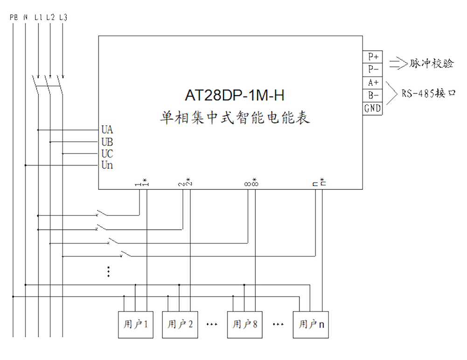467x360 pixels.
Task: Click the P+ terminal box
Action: coord(372,56)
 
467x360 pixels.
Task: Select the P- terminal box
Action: coord(372,69)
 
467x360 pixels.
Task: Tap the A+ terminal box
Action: coord(372,83)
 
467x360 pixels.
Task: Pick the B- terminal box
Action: coord(372,95)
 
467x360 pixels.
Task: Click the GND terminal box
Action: coord(372,108)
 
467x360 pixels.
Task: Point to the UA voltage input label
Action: coord(107,130)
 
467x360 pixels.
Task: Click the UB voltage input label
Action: coord(107,142)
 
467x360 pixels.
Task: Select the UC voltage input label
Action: coord(107,153)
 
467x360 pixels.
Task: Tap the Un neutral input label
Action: coord(107,165)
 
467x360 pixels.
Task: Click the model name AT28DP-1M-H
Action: coord(234,95)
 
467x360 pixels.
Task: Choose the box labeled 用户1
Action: coord(136,325)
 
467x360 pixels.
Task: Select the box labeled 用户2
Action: coord(180,325)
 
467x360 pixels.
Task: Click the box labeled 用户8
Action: coord(245,325)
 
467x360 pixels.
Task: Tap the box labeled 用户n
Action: coord(311,325)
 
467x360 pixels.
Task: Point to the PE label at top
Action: coord(14,17)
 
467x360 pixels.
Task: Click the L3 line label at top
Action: coord(63,17)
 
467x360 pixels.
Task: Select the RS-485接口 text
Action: coord(429,94)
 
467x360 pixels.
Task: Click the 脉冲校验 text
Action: coord(431,63)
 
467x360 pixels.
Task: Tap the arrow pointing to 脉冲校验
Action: coord(398,63)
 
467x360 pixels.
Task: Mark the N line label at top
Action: coord(26,17)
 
